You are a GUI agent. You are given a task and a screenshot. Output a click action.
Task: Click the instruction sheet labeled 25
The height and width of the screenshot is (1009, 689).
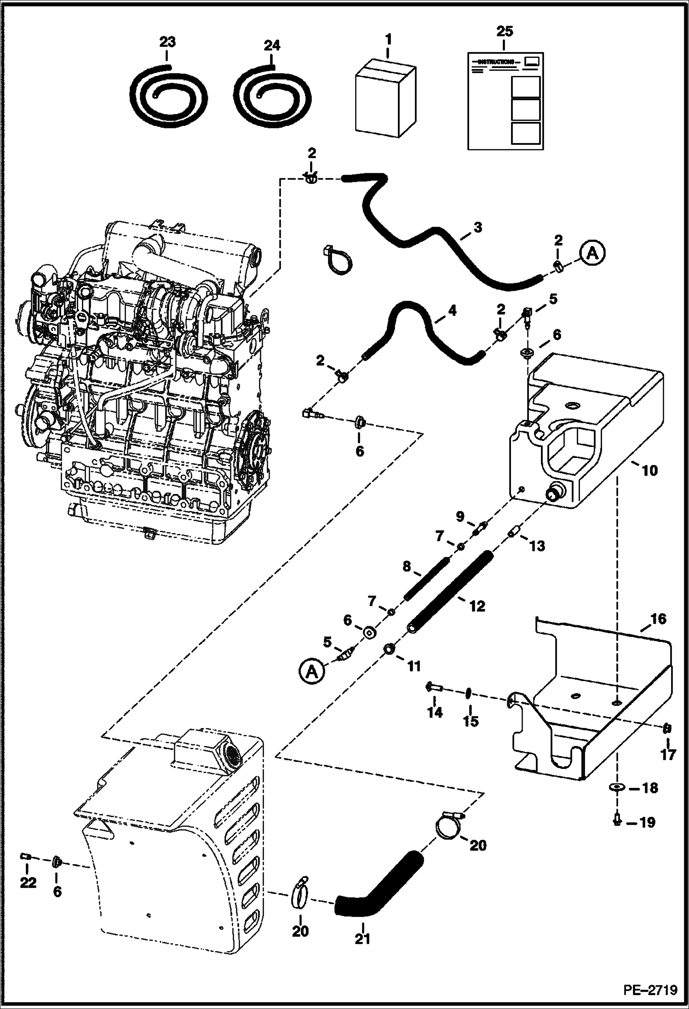coord(505,101)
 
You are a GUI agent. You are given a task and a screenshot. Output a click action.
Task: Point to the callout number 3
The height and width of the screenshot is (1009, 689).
coord(477,227)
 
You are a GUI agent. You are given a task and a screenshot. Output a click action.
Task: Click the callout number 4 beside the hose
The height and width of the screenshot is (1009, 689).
coord(452,311)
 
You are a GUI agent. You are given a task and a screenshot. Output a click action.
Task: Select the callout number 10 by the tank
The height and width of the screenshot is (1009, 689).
coord(650,470)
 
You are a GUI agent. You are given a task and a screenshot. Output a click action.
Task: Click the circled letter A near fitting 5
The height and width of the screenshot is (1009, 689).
coord(311,673)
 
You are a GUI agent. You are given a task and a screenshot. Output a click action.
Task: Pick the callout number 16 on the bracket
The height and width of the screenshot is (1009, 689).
coord(658,619)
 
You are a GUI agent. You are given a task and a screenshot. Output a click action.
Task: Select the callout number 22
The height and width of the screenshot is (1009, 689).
coord(28,883)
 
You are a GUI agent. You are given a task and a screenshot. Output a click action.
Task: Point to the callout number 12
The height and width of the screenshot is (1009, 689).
coord(477,606)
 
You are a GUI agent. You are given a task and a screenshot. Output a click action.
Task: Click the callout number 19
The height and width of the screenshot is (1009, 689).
coord(647,822)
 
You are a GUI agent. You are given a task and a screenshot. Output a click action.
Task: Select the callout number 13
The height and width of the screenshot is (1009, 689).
coord(537,546)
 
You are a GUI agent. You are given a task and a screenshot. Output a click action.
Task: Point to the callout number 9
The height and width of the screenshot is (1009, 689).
coord(460,516)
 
